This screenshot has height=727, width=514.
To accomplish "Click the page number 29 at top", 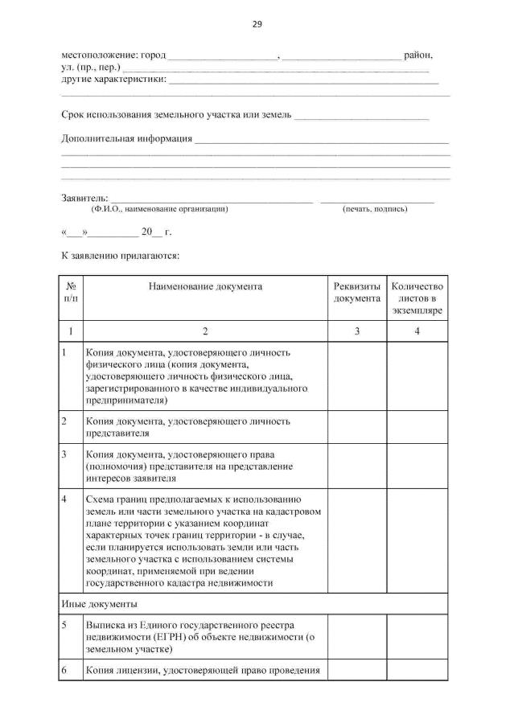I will (x=257, y=24).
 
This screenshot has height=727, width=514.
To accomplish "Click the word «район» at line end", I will (x=418, y=55).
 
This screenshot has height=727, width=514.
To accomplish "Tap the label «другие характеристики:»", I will (x=114, y=80).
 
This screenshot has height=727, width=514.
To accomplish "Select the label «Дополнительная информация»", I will (x=127, y=138).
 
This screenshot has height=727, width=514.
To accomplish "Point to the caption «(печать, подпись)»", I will (x=375, y=209).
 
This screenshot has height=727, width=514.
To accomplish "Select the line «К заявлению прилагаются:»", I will (x=120, y=257).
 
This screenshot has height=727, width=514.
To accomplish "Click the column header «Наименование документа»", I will (x=204, y=286).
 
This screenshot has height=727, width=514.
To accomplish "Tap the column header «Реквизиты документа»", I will (x=356, y=293).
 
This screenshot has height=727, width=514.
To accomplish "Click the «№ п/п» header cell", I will (x=71, y=293).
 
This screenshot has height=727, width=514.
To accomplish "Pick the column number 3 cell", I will (x=356, y=331).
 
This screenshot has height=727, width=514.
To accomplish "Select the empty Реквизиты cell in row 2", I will (x=356, y=427).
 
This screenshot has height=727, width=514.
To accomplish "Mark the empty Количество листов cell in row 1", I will (x=416, y=376).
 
